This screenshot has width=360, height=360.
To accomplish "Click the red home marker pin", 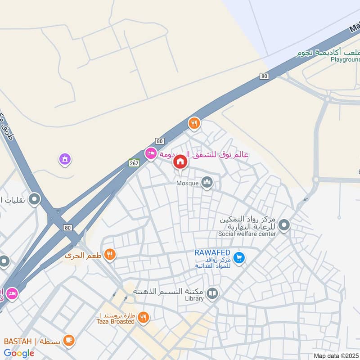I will (180, 162).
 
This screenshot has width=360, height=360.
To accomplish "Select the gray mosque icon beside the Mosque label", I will (207, 182).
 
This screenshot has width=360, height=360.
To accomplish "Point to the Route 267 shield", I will (134, 162).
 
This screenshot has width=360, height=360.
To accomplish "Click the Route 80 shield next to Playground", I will (264, 76).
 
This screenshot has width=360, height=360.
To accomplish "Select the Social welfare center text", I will (247, 234).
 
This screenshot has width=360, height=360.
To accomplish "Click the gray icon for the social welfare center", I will (284, 225).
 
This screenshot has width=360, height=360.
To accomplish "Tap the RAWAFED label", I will (212, 252).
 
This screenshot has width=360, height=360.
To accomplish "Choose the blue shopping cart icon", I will (239, 257).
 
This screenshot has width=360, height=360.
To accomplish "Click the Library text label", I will (194, 298).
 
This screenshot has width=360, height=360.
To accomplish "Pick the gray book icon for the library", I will (212, 294).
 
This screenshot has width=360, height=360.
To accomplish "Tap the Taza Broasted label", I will (115, 321).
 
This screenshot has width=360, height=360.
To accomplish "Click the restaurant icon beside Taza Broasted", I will (143, 318).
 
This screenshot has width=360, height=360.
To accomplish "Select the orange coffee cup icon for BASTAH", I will (68, 340).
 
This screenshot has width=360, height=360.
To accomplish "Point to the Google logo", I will (19, 353).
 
